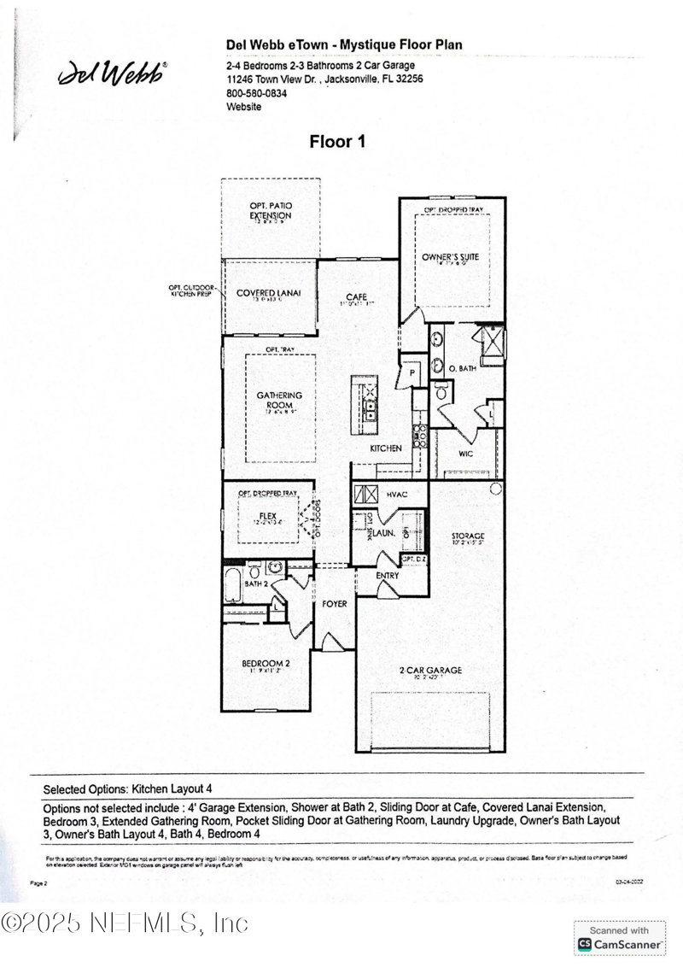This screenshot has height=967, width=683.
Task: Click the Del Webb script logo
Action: [x=112, y=74]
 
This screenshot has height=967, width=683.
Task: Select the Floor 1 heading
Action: [x=337, y=142]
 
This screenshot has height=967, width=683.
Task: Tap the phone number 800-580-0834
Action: [x=256, y=93]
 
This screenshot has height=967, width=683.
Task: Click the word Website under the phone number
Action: [x=243, y=107]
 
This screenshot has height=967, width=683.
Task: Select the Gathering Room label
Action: [x=280, y=401]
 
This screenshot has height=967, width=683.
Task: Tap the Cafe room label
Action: [x=356, y=296]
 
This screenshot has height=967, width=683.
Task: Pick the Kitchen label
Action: [x=385, y=448]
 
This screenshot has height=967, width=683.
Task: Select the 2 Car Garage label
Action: [x=431, y=671]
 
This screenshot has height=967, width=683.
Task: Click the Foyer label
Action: [x=335, y=604]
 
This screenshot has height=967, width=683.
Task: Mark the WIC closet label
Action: [x=465, y=454]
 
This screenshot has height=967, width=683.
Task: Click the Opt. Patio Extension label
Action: [x=271, y=211]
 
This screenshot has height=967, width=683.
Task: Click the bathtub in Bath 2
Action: [x=233, y=587]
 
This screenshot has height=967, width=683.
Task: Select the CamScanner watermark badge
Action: [x=620, y=937]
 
